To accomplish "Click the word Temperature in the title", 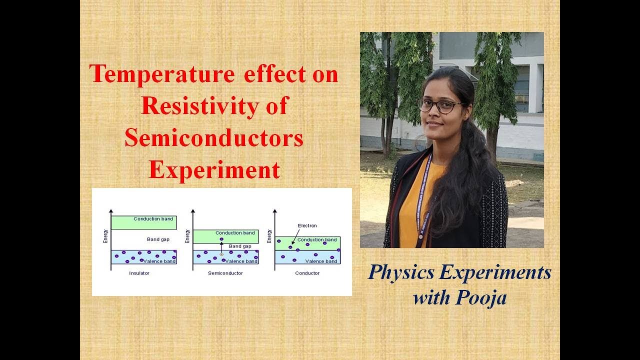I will [x=162, y=74].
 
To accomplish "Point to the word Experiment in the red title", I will [x=214, y=170].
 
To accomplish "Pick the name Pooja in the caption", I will [x=481, y=297].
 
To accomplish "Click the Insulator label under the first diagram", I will [x=139, y=273].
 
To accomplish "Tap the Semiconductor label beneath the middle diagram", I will [x=225, y=273].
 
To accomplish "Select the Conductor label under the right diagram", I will [x=307, y=273].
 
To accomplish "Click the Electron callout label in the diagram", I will [x=307, y=225].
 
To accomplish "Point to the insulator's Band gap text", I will [x=158, y=239].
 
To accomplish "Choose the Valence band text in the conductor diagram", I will [x=321, y=261].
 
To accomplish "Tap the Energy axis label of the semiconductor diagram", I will [x=187, y=236].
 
